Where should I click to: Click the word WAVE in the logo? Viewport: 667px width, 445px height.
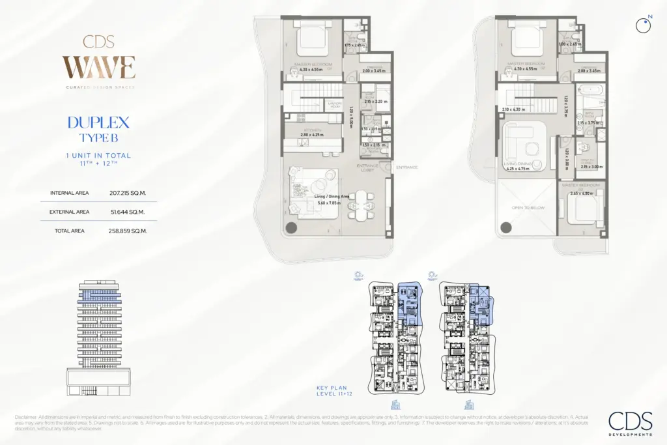(98, 68)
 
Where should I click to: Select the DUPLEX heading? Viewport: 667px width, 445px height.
(98, 122)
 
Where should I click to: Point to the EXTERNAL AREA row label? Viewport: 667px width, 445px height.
(69, 212)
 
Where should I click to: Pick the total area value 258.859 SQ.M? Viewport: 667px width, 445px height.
(128, 231)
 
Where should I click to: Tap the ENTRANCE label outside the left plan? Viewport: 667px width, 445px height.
(406, 167)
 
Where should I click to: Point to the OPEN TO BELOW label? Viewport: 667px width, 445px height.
(528, 208)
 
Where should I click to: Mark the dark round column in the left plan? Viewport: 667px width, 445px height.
(291, 227)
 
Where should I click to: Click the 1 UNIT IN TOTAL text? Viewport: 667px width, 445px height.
(98, 156)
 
